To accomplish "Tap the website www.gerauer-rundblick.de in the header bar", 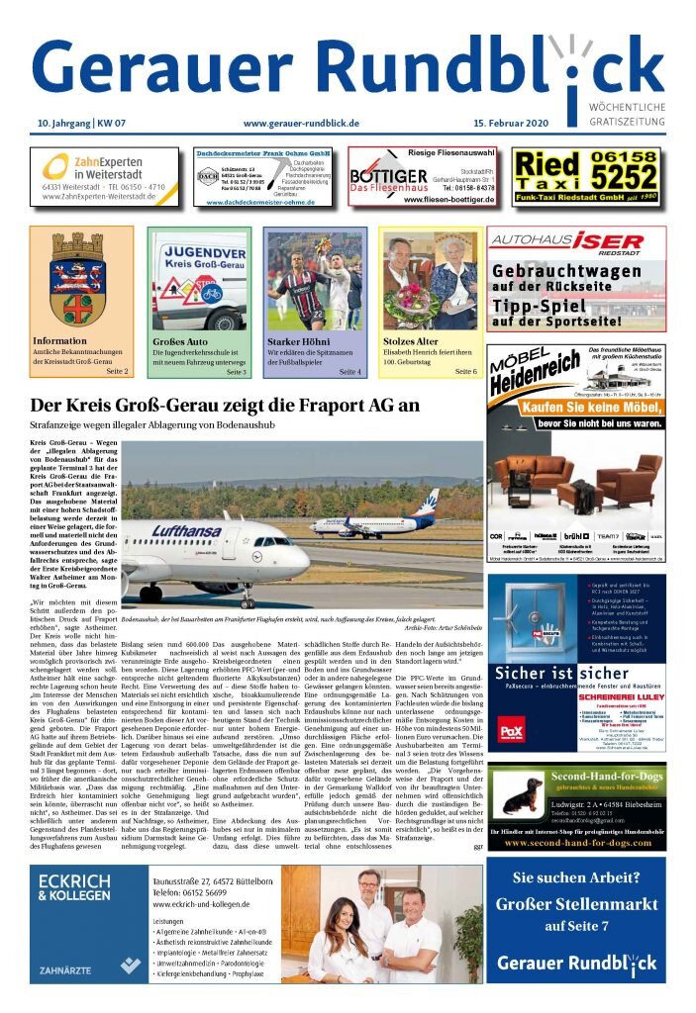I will pyautogui.click(x=300, y=123).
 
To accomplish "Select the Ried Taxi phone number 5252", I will pyautogui.click(x=627, y=177).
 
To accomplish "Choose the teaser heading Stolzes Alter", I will pyautogui.click(x=411, y=341).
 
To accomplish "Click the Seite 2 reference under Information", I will pyautogui.click(x=118, y=371).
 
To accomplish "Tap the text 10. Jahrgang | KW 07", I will pyautogui.click(x=75, y=123).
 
